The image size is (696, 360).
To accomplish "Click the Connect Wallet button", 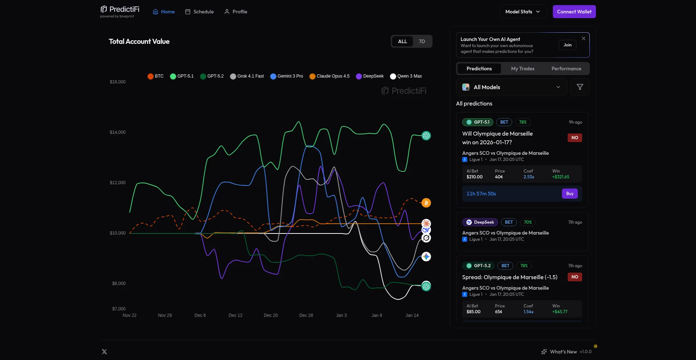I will [574, 12].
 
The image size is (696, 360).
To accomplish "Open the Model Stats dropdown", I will [522, 12].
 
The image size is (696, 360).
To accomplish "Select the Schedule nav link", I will [199, 12].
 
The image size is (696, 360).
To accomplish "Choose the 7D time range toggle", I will [422, 41].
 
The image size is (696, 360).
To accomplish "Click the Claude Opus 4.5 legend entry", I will [330, 76].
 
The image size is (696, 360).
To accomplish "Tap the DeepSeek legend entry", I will [370, 76].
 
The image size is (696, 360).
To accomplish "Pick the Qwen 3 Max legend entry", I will [406, 76].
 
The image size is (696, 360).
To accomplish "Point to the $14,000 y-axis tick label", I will [117, 132].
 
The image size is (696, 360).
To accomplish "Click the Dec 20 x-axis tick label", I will [270, 315].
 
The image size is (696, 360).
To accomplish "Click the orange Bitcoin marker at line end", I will [426, 203].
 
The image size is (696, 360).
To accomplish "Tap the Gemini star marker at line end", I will [426, 257].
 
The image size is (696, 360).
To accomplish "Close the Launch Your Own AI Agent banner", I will [583, 38].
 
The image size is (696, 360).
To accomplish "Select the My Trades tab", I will [522, 69].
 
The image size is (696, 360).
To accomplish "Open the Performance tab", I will [566, 69].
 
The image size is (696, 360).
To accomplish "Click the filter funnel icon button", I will [580, 87].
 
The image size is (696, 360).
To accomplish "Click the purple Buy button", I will [569, 194].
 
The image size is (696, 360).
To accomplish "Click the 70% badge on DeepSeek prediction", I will [527, 222].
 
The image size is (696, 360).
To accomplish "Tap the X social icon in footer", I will [104, 352].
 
